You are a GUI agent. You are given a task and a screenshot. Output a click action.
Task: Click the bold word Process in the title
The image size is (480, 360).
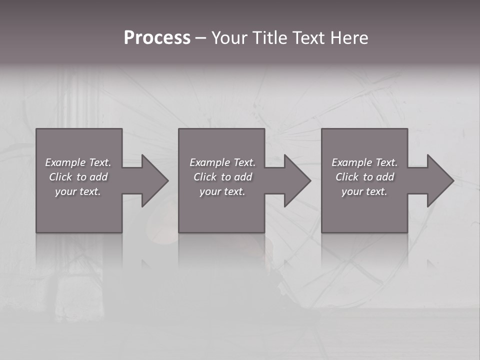point(157,38)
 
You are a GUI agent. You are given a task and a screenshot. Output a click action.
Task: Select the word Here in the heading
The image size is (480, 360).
point(349,38)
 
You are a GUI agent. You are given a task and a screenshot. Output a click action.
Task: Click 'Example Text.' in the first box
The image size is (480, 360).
point(78,162)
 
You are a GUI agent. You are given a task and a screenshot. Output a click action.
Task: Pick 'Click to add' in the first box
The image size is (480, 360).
point(78,177)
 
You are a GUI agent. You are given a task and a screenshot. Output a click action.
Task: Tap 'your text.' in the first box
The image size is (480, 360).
point(78,191)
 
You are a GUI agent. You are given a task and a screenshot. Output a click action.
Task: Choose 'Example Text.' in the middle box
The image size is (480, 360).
point(222,162)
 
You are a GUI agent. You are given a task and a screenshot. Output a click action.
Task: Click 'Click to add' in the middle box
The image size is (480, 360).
point(222,177)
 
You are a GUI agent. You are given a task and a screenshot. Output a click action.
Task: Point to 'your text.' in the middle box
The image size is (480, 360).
point(222,191)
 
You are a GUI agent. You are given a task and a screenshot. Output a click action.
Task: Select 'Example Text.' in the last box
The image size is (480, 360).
point(364,162)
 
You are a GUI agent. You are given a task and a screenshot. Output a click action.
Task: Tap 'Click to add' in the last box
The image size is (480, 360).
point(364,177)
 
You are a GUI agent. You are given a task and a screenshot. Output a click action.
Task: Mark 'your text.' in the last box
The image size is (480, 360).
point(364,191)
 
